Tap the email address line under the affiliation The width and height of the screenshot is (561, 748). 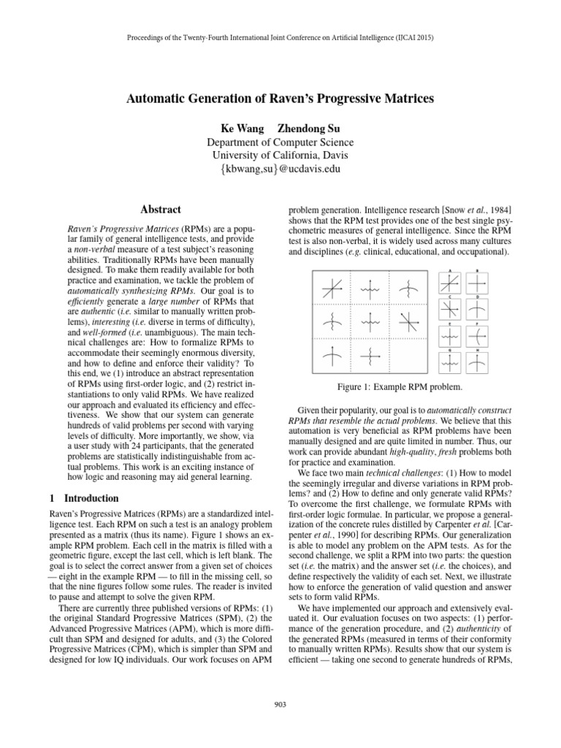281,169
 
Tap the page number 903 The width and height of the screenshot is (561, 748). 281,703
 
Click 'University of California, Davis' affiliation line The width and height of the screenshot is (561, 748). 281,156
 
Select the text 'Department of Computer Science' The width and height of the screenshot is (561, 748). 281,142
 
